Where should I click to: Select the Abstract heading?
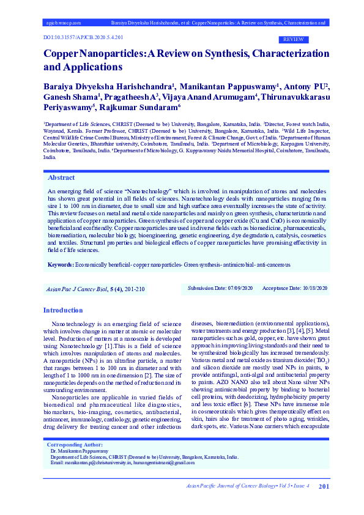61,177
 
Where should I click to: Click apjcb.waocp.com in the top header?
64,22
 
